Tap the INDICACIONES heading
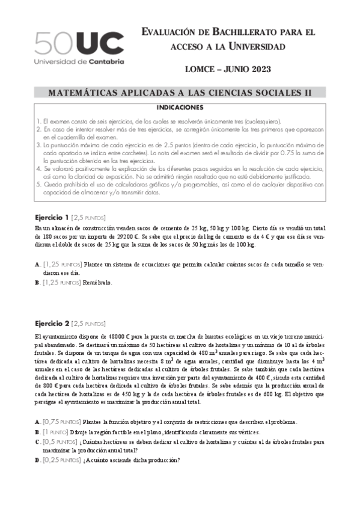coord(180,108)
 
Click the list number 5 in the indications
coord(38,185)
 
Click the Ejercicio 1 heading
coord(52,218)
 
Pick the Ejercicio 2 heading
coord(52,323)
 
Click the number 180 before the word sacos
coord(40,237)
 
